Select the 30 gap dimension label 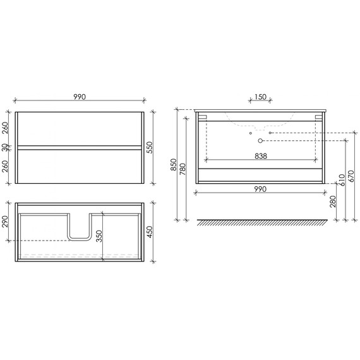6,147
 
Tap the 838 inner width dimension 260,156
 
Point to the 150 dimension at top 260,97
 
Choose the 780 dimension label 184,170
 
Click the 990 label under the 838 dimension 260,189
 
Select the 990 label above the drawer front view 78,97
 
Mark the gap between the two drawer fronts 79,147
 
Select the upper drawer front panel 79,129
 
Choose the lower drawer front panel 79,166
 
